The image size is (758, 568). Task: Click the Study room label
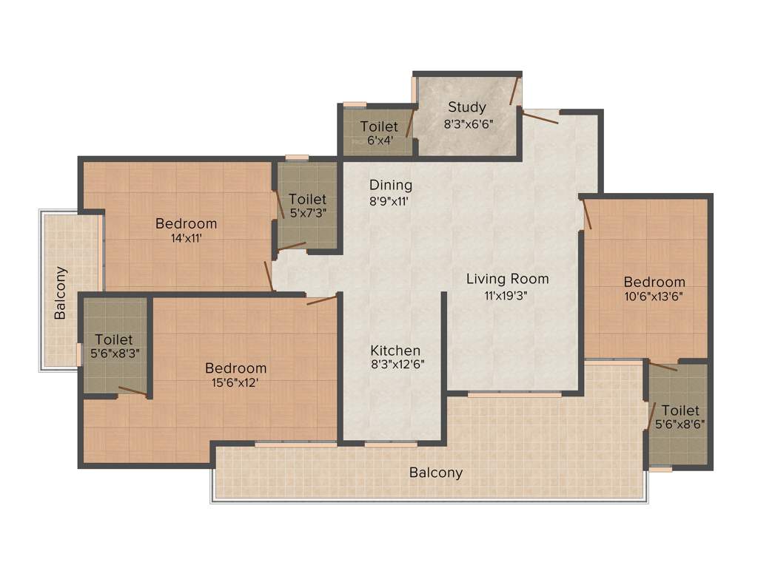(x=467, y=107)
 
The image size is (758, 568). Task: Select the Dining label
(x=391, y=185)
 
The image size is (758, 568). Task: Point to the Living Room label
(x=507, y=279)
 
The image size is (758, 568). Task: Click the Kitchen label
(x=395, y=350)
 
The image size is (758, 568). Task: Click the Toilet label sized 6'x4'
(x=379, y=126)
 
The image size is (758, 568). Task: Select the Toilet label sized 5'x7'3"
(x=307, y=199)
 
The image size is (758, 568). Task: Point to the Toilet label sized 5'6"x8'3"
(x=114, y=339)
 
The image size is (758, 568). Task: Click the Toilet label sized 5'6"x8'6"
(x=680, y=410)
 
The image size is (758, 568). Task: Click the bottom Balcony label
(x=436, y=473)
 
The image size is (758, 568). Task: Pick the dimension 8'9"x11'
(x=389, y=200)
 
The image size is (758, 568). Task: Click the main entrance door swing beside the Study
(x=540, y=117)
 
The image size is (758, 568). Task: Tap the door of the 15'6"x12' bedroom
(x=322, y=300)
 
